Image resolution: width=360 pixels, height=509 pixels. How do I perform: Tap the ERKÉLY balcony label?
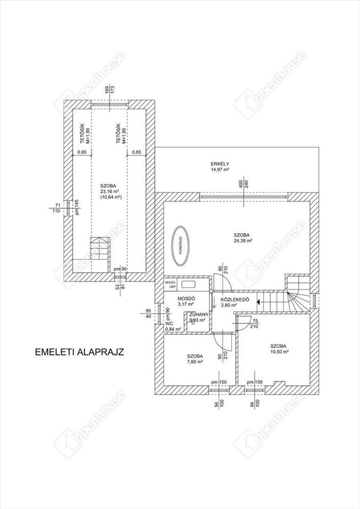(x=220, y=164)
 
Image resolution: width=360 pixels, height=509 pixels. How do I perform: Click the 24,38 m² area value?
(x=243, y=241)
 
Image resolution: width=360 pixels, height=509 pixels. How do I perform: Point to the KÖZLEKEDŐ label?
(x=235, y=300)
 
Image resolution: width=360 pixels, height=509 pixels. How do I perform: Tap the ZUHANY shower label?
(x=197, y=315)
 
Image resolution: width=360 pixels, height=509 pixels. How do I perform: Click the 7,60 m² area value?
(x=195, y=362)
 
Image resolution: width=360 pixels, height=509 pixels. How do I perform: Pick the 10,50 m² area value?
(x=280, y=351)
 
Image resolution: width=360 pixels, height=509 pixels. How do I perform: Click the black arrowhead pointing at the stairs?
(x=259, y=302)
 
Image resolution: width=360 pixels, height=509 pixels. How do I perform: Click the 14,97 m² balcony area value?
(x=220, y=169)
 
